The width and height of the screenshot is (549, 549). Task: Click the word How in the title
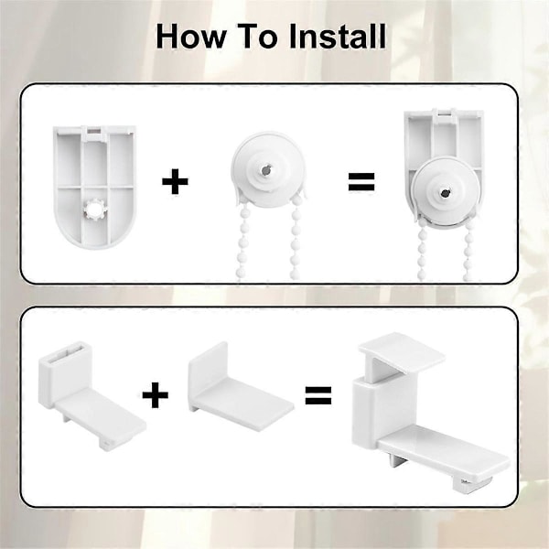tap(191, 37)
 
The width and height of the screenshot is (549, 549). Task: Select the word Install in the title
tap(338, 37)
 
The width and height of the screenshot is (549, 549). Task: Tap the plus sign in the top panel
tap(175, 181)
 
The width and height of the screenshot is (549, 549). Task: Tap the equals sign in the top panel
tap(361, 181)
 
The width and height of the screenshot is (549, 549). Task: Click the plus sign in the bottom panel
tap(156, 395)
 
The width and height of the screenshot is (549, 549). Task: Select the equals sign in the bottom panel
tap(318, 395)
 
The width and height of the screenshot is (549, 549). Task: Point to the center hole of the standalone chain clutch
tap(265, 170)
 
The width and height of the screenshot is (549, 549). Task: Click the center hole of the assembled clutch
tap(445, 192)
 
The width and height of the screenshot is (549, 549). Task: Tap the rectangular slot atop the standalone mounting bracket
tap(94, 132)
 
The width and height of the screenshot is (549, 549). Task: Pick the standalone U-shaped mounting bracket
tap(94, 187)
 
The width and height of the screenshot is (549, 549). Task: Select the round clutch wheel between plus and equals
tap(268, 168)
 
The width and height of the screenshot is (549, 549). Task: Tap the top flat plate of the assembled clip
tap(402, 352)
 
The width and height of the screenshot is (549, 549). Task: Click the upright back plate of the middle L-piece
tap(208, 369)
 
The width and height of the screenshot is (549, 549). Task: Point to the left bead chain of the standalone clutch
tap(242, 241)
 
